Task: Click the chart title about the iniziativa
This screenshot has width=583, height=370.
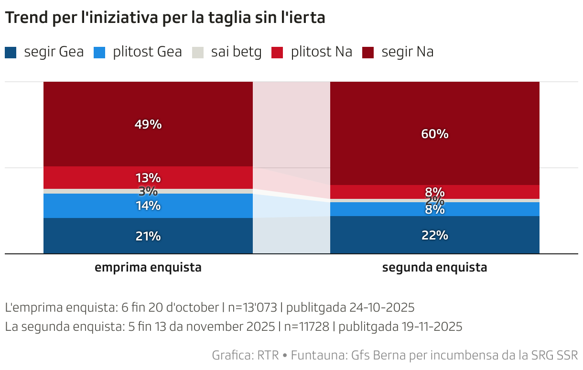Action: [x=165, y=18]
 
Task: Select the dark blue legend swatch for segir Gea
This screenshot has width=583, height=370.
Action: [x=11, y=52]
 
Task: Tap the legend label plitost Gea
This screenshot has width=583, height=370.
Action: [x=147, y=52]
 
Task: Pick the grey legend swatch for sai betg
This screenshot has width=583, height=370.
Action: [x=198, y=52]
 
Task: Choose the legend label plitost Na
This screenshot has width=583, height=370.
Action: [x=321, y=52]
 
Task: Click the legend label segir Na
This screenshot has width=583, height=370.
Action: [x=407, y=52]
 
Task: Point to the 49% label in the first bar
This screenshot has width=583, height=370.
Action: [x=148, y=125]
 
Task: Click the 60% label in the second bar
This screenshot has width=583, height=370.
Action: [x=435, y=134]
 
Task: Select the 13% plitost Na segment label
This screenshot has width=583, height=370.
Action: [x=148, y=178]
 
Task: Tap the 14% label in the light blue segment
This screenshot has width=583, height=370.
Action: [x=148, y=206]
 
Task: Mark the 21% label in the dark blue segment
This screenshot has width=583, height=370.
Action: [x=148, y=236]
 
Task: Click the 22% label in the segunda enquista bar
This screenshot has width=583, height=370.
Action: [x=435, y=235]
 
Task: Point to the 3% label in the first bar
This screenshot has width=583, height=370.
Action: [x=148, y=191]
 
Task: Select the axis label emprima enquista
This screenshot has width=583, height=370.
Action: [x=148, y=268]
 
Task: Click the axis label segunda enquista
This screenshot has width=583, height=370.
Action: [x=435, y=268]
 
